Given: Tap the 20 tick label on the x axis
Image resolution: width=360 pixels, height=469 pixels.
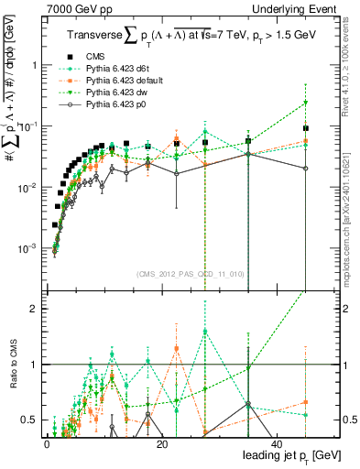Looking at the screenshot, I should pos(161,444).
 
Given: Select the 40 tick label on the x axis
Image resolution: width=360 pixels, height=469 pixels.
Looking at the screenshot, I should pos(276,444).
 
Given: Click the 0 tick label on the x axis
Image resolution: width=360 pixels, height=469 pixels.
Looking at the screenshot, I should pos(47,444).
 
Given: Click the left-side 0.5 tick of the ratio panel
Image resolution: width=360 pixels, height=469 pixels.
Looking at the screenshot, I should pos(27,420).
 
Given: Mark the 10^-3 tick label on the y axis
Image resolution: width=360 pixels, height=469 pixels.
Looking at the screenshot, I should pos(27,248).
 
